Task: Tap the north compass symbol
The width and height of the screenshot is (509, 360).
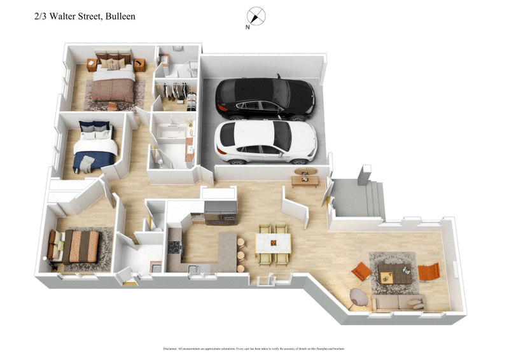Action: click(x=256, y=15)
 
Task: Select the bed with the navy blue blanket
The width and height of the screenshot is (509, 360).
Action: click(x=95, y=148)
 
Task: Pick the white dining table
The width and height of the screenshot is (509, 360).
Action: click(x=273, y=243)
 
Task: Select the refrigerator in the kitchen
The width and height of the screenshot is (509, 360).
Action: click(x=220, y=211)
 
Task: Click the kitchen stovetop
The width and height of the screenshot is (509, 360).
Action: click(x=174, y=247)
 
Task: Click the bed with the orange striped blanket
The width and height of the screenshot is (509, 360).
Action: click(x=78, y=246)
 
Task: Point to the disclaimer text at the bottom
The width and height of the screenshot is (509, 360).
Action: click(x=254, y=349)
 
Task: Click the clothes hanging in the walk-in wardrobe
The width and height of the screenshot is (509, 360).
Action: click(x=178, y=93)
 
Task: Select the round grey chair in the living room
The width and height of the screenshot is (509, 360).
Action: click(x=359, y=297)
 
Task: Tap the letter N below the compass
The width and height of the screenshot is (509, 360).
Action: click(x=248, y=28)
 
